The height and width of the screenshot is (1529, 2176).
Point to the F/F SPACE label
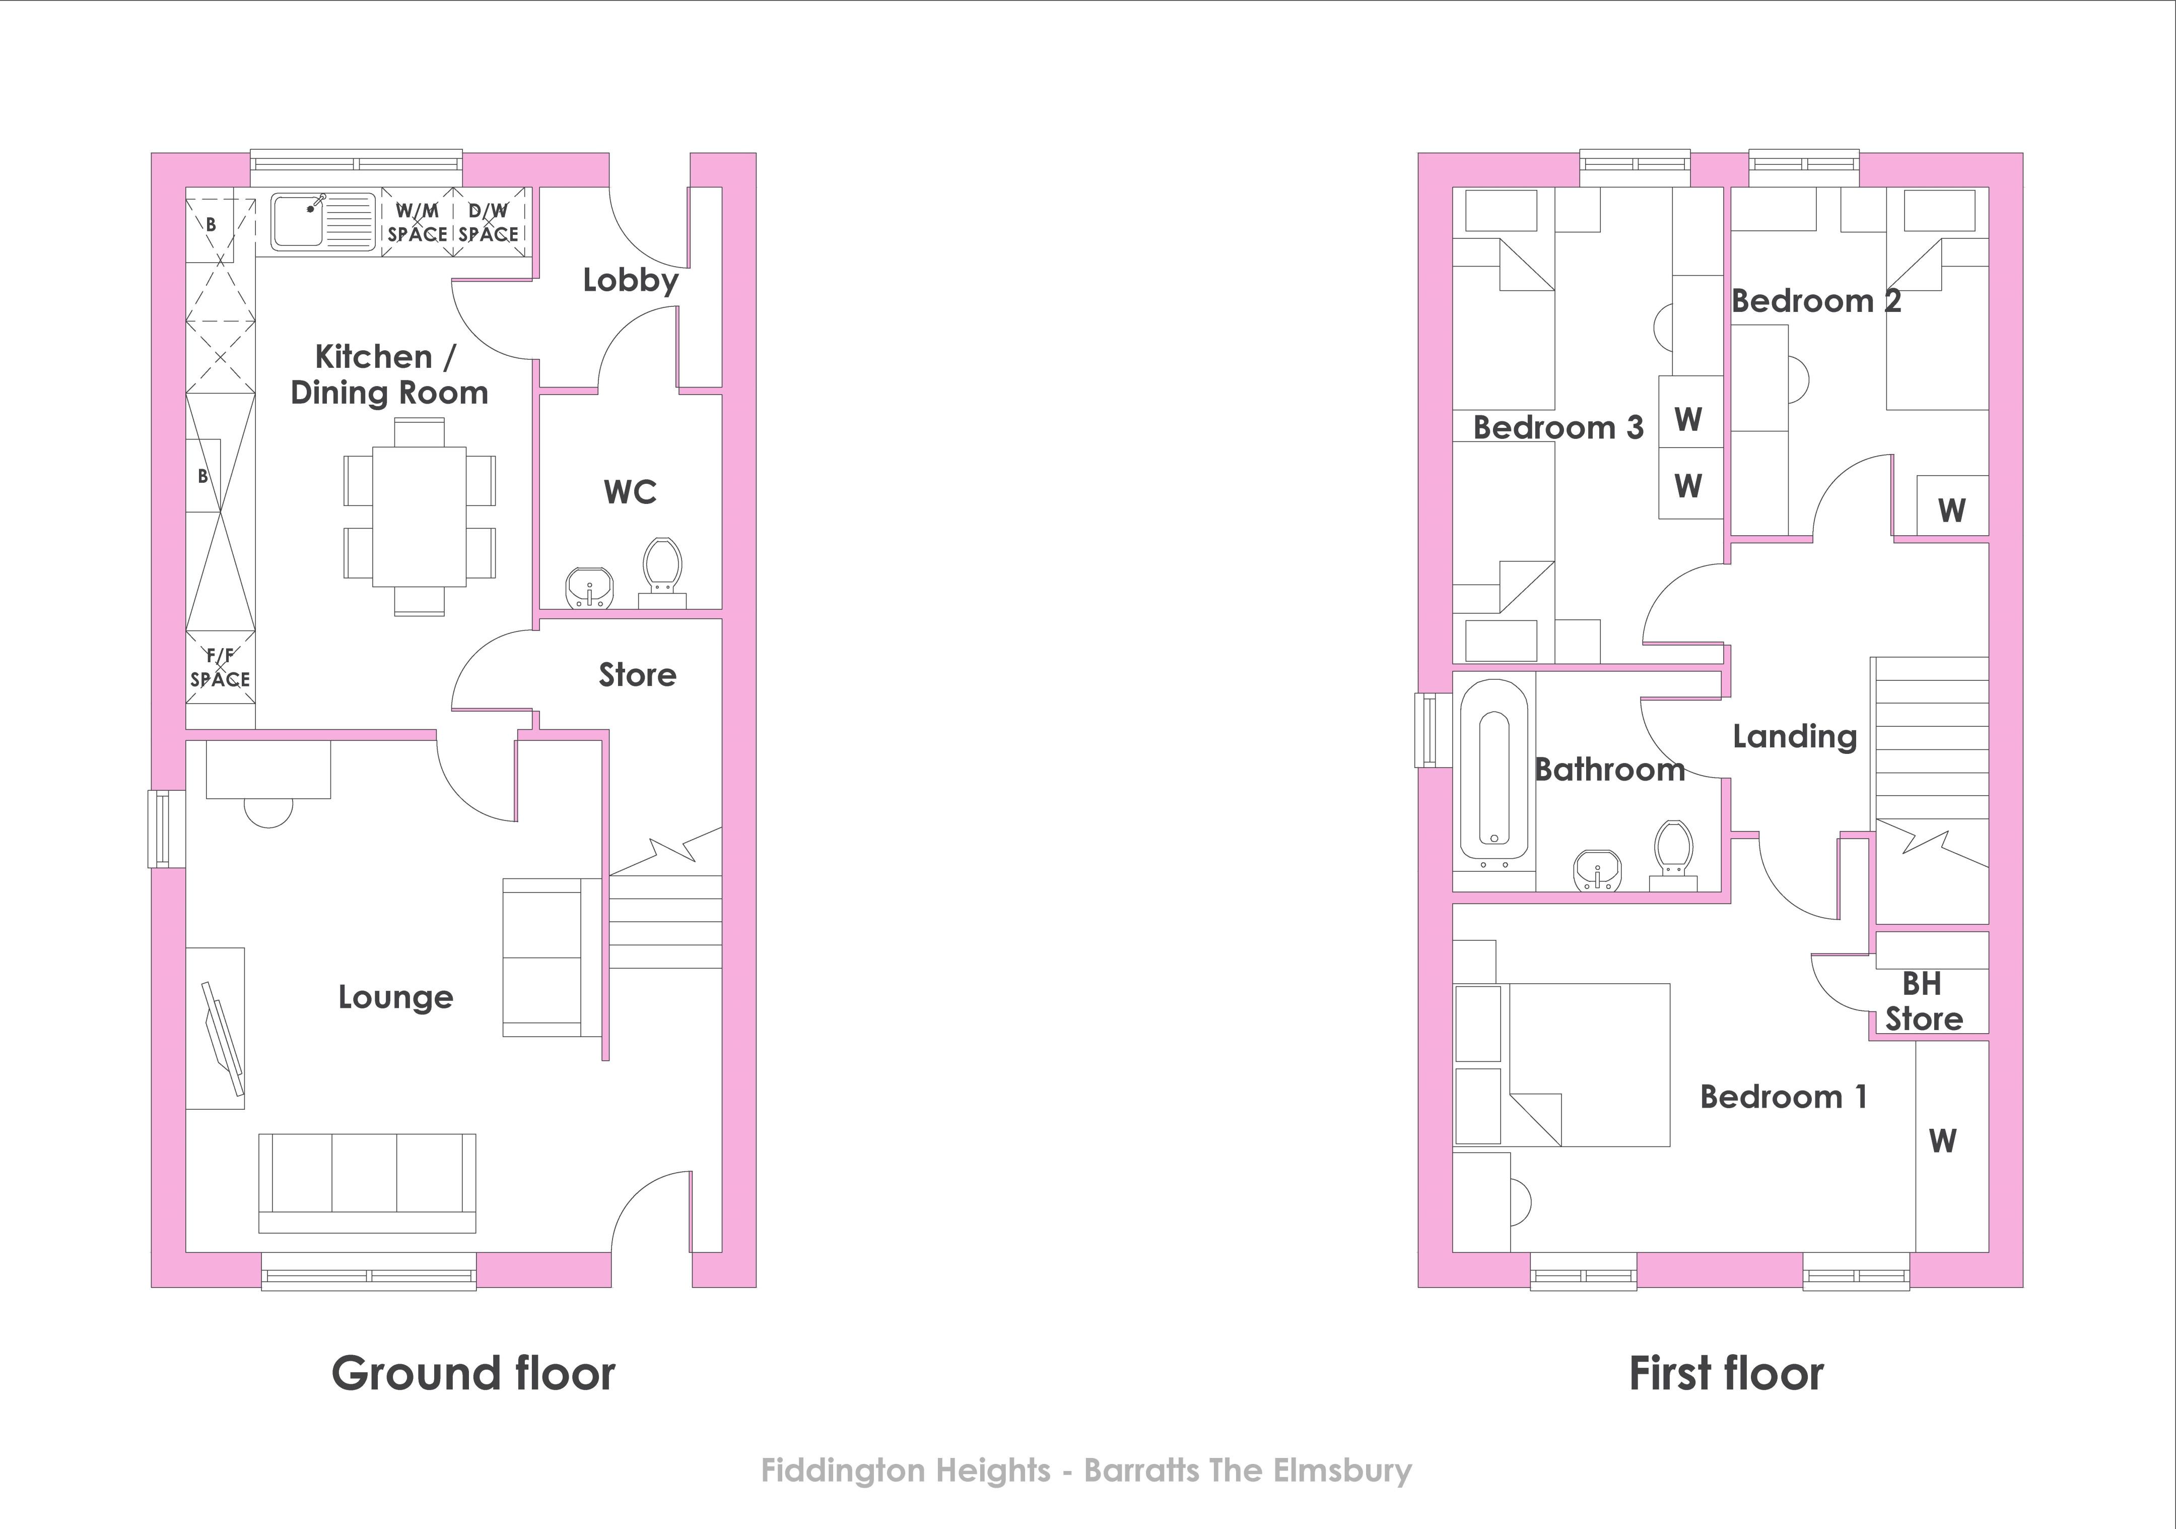(x=220, y=667)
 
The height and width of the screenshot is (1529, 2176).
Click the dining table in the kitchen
(x=419, y=517)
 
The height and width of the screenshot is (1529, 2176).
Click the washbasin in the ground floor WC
(x=589, y=588)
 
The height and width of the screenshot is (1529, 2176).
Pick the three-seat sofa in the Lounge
(x=367, y=1182)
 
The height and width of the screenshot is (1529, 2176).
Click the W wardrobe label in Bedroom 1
(x=1943, y=1140)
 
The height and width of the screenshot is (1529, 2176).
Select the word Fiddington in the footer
(x=905, y=1470)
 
